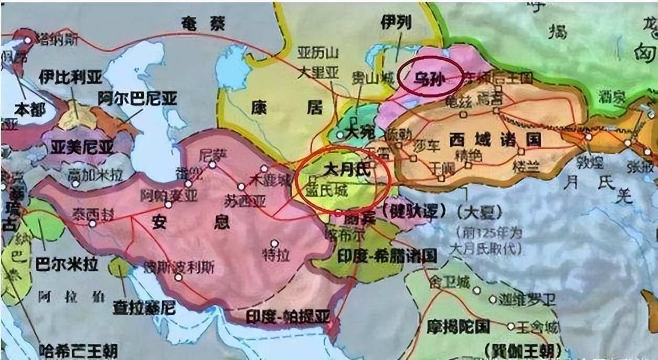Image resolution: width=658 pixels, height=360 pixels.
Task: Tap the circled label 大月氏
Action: pos(346,171)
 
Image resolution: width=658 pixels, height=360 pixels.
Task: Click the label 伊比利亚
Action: pos(70,78)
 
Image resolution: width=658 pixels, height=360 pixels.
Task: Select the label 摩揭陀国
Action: pos(458,326)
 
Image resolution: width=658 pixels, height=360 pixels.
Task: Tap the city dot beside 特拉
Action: pos(273,242)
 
